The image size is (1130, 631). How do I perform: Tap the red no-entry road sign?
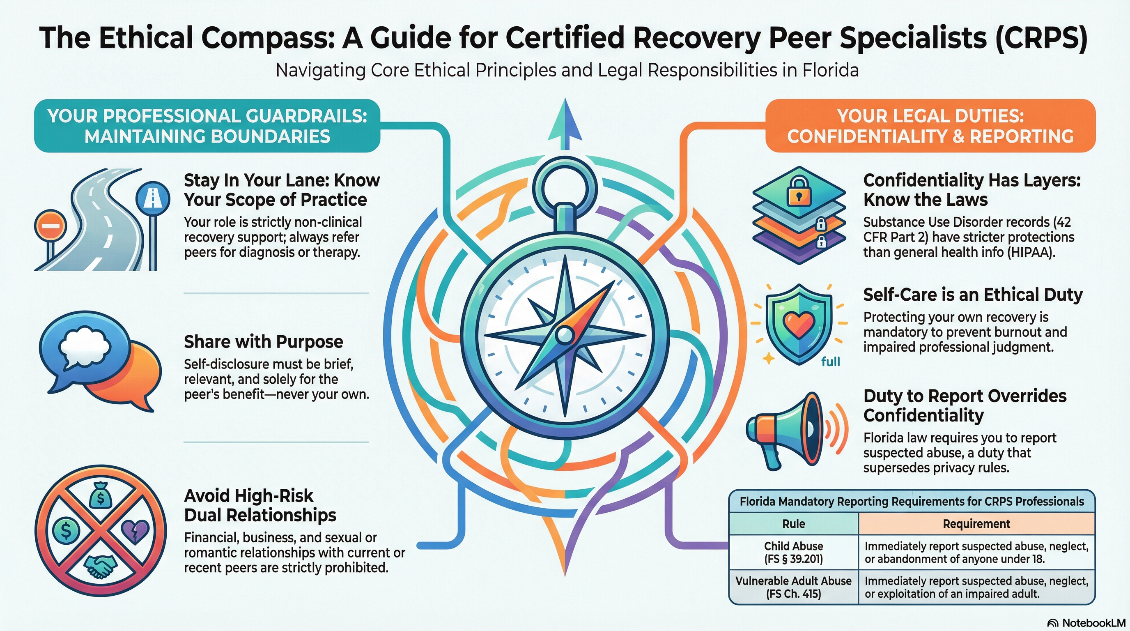coord(51,227)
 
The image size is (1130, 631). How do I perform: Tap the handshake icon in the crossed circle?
coord(100,566)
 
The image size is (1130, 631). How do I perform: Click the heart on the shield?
coord(799,325)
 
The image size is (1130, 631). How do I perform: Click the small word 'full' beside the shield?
coord(830,362)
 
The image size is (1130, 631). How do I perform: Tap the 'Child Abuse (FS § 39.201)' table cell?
coord(793,552)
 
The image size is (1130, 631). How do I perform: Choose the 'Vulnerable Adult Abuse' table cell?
coord(793,587)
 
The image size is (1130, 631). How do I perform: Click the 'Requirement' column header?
coord(976,523)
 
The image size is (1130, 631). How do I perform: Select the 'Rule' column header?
coord(793,523)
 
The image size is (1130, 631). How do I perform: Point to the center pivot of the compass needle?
coord(565,335)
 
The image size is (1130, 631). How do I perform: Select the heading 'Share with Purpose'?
coord(263,341)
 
